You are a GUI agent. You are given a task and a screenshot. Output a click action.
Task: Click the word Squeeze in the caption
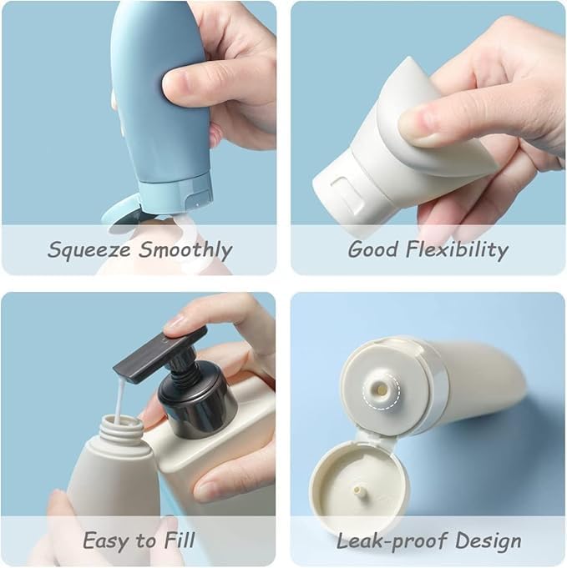[x=89, y=249]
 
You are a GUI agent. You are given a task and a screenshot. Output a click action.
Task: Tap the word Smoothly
[x=185, y=249]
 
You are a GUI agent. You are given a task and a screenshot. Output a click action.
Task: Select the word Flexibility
[x=457, y=249]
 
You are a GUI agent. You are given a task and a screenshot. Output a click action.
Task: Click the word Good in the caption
[x=372, y=249]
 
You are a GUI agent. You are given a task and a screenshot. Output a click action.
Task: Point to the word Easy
[x=107, y=540]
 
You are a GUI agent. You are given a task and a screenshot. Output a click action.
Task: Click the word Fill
[x=180, y=540]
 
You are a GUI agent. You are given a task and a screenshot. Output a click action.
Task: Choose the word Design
[x=489, y=540]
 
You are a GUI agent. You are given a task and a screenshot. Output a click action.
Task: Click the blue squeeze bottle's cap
[x=175, y=193]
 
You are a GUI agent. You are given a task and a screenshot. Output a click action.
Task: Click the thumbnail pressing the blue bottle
[x=180, y=78]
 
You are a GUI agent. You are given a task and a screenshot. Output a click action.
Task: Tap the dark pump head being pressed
[x=160, y=354]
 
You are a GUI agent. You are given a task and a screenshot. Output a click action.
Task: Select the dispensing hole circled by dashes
[x=381, y=390]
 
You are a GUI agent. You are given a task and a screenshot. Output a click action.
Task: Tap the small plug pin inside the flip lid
[x=359, y=490]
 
